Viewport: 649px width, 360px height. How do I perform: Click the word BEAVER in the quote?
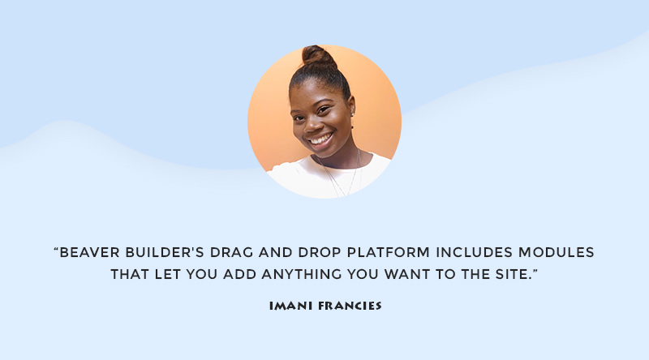point(89,252)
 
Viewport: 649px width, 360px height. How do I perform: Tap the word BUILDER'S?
point(165,252)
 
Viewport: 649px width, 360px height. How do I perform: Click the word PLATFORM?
point(389,252)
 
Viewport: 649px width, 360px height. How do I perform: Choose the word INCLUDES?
point(475,252)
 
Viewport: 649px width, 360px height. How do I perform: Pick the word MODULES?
point(557,252)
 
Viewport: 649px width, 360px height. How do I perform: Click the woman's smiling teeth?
point(321,139)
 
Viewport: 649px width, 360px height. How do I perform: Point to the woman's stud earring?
point(353,114)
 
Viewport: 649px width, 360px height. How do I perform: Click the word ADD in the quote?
point(239,274)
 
